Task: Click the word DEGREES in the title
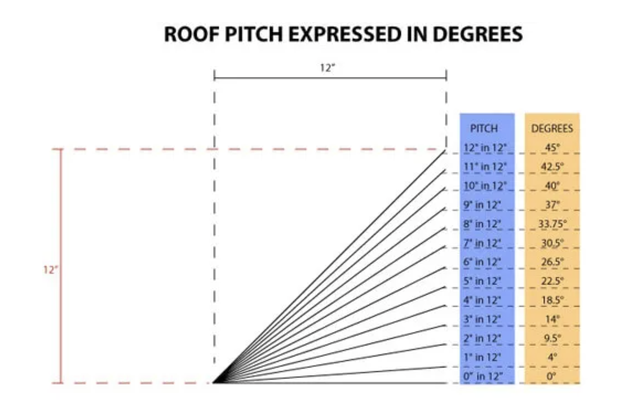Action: pyautogui.click(x=477, y=34)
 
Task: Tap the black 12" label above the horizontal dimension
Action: pyautogui.click(x=328, y=68)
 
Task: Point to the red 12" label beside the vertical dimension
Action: pyautogui.click(x=50, y=270)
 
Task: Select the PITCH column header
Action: pyautogui.click(x=484, y=128)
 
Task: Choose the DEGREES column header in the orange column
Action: pyautogui.click(x=552, y=128)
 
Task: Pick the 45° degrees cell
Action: pyautogui.click(x=552, y=148)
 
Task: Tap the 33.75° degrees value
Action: pyautogui.click(x=552, y=224)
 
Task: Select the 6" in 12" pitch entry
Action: pyautogui.click(x=482, y=262)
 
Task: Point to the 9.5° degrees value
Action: pyautogui.click(x=552, y=338)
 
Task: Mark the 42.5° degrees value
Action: pyautogui.click(x=552, y=167)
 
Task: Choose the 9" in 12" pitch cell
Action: pyautogui.click(x=482, y=205)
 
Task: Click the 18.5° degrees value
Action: pyautogui.click(x=552, y=300)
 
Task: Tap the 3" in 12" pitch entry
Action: pyautogui.click(x=482, y=319)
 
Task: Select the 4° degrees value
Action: pyautogui.click(x=552, y=357)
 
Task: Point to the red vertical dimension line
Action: pyautogui.click(x=61, y=221)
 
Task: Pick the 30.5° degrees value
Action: pyautogui.click(x=552, y=243)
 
